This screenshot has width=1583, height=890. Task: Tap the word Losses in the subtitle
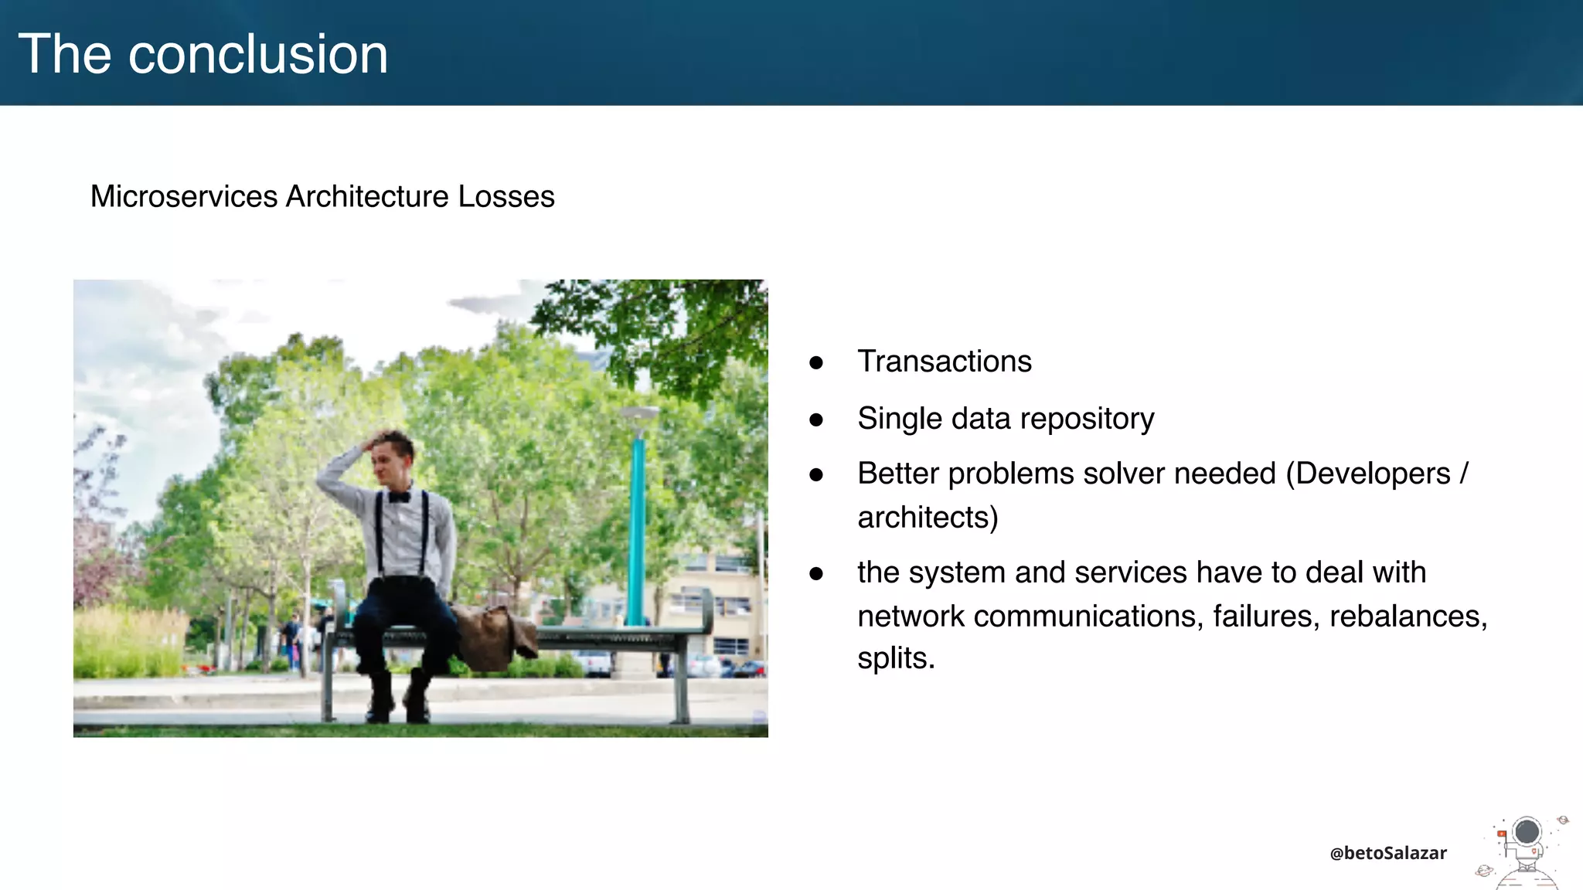[506, 196]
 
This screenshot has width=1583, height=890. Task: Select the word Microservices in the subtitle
[184, 196]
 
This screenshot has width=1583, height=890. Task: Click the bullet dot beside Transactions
[816, 362]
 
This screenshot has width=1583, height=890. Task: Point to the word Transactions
[944, 362]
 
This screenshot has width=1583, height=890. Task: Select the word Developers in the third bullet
[1373, 474]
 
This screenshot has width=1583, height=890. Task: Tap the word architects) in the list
[928, 518]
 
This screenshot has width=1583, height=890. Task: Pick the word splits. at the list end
[896, 658]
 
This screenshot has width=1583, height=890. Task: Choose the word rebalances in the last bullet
[1408, 617]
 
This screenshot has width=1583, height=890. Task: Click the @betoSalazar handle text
[1387, 853]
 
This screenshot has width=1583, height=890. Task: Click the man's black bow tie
[399, 497]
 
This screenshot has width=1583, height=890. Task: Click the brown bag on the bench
[492, 636]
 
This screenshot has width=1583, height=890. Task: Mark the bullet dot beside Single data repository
[816, 420]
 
